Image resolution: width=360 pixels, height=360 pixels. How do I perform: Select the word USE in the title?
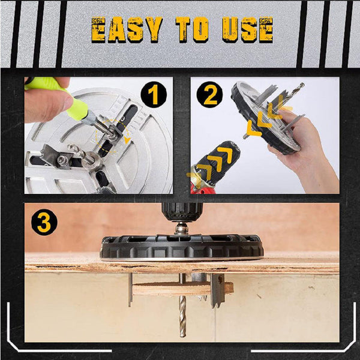pos(248,29)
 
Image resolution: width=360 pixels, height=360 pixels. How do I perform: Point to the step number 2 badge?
pos(211,95)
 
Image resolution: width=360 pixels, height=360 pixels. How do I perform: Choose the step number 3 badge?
pos(43,223)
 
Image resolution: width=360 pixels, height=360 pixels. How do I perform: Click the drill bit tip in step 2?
pos(300,86)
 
